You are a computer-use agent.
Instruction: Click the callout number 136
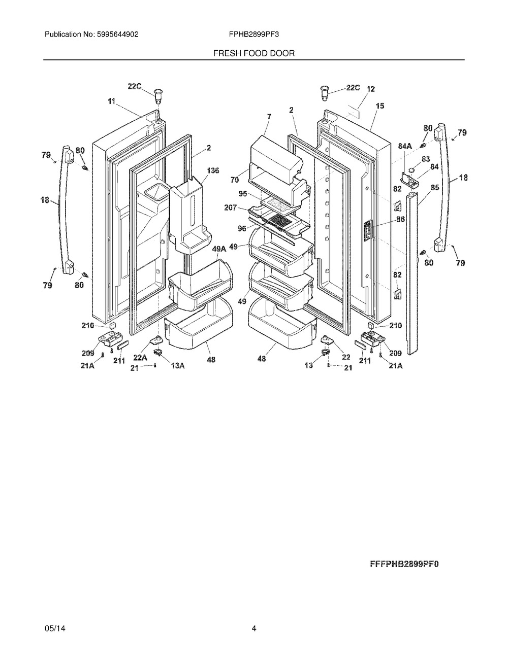click(x=213, y=170)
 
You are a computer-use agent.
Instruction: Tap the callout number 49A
click(x=219, y=249)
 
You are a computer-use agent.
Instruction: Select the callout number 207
click(x=231, y=208)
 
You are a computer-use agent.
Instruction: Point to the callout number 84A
click(x=405, y=146)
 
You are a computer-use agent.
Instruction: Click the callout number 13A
click(x=178, y=366)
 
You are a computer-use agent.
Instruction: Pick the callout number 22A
click(x=140, y=358)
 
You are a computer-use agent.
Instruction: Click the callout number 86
click(x=400, y=219)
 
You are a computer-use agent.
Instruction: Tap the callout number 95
click(x=243, y=193)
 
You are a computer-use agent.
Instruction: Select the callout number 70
click(x=235, y=180)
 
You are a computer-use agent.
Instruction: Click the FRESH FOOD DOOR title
click(x=253, y=53)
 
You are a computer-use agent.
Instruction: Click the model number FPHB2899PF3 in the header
click(x=253, y=34)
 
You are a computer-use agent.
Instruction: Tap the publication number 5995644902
click(x=117, y=34)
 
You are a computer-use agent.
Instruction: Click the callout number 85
click(x=435, y=188)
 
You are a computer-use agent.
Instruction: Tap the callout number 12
click(x=370, y=89)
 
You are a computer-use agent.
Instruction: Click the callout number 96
click(x=242, y=229)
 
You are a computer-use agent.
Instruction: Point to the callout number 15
click(x=380, y=106)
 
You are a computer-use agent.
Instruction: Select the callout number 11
click(x=111, y=101)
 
